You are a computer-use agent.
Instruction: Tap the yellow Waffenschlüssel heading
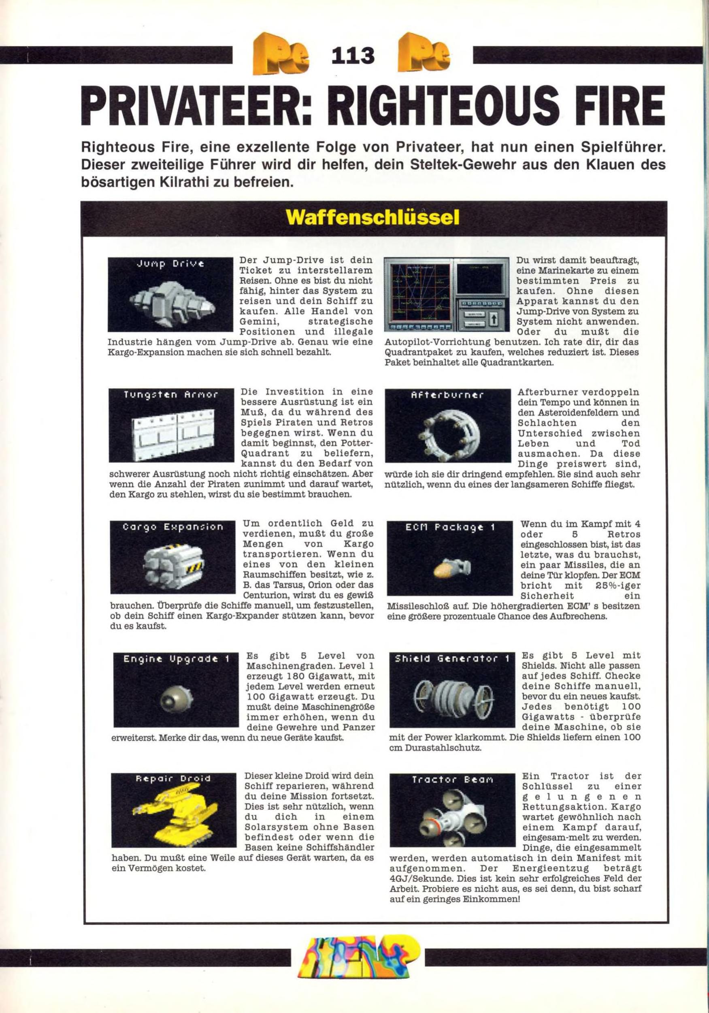point(373,218)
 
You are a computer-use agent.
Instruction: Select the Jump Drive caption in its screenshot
point(170,264)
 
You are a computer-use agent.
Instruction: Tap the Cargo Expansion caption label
point(173,527)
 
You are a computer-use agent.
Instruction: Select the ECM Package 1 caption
point(450,527)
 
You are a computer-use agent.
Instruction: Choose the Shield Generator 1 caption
point(452,659)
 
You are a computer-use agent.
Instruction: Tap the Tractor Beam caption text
point(451,780)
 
